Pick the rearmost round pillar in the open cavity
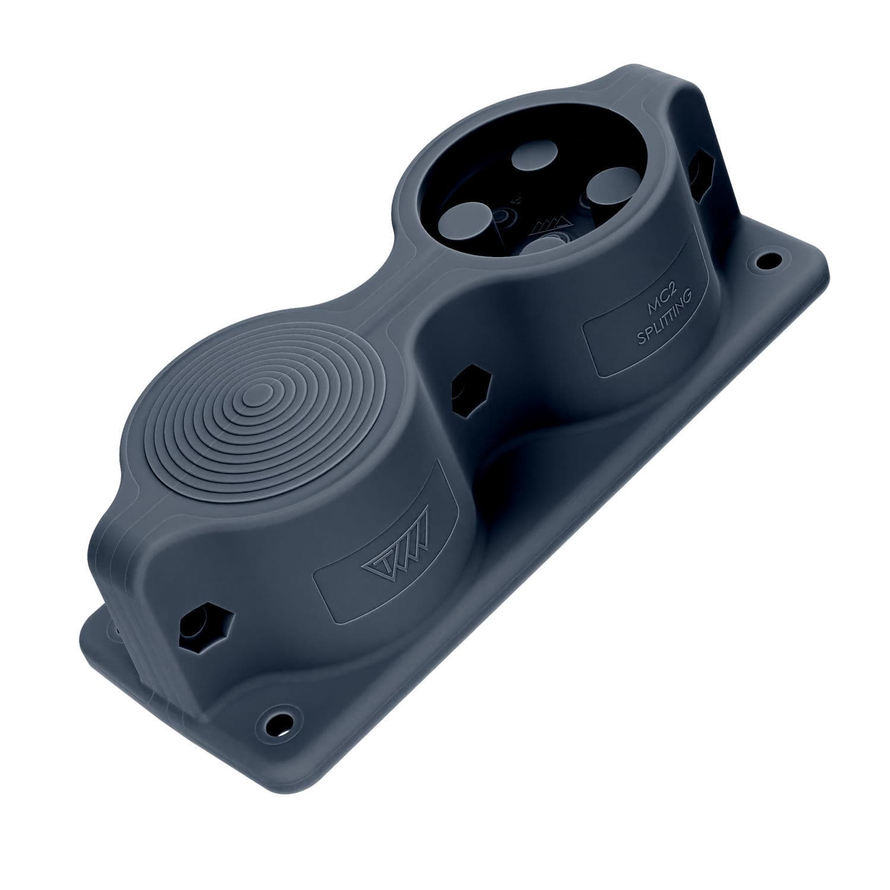pos(529,160)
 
